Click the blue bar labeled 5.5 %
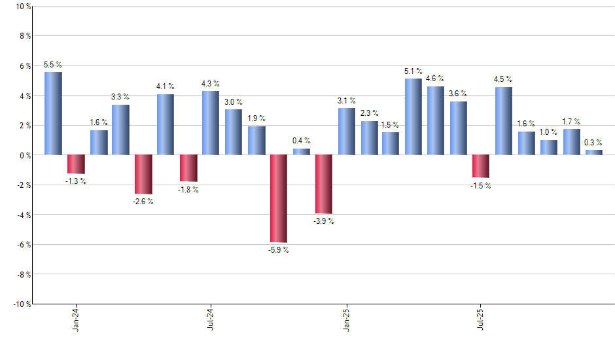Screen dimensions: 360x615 53,113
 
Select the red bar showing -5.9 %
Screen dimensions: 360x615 278,198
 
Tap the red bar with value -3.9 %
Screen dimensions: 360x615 323,184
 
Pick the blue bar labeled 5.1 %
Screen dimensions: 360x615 413,117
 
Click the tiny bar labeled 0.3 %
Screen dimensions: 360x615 593,153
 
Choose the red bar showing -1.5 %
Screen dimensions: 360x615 481,166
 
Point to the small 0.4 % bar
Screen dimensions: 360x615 301,152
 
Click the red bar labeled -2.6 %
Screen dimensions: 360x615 143,174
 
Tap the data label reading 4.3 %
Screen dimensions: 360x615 211,84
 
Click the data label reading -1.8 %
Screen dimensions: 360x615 188,190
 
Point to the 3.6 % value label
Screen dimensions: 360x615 458,94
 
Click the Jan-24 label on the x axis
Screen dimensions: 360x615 76,319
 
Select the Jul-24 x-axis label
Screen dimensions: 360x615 211,319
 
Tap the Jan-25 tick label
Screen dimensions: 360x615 346,319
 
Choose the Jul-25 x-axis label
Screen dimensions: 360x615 481,319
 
